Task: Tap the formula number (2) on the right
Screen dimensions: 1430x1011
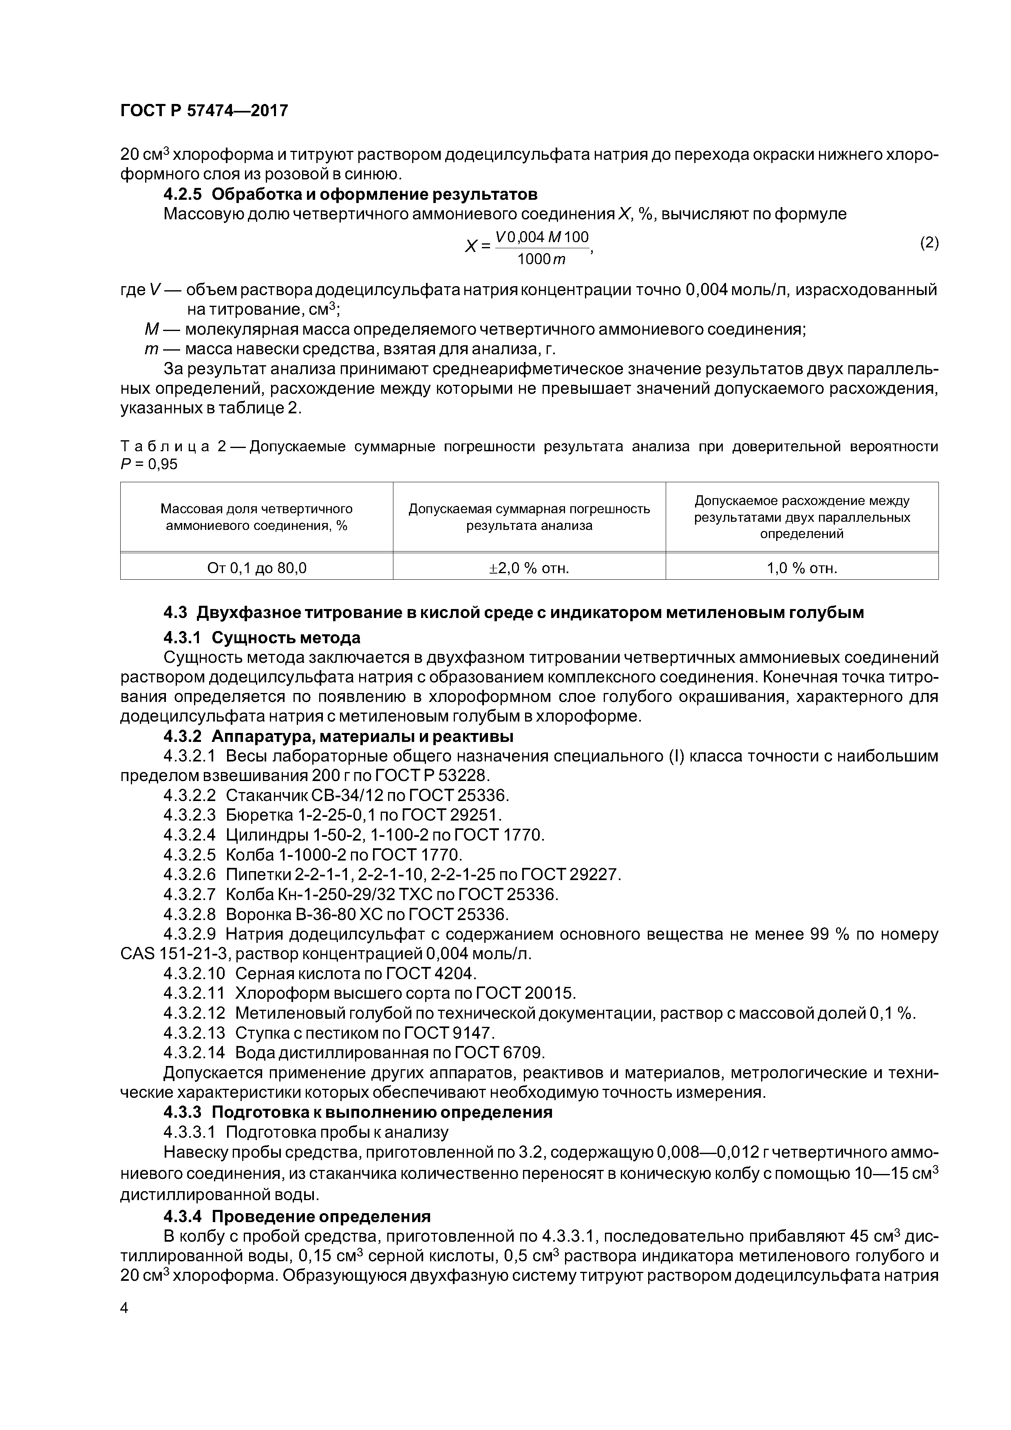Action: pyautogui.click(x=928, y=243)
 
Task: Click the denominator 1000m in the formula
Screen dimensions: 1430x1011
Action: pyautogui.click(x=541, y=259)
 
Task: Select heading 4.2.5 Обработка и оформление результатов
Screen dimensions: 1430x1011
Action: pyautogui.click(x=350, y=194)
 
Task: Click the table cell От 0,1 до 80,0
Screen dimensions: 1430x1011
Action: pyautogui.click(x=257, y=568)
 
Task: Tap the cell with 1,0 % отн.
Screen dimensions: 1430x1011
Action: pyautogui.click(x=802, y=568)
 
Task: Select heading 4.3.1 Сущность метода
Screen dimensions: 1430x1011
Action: pyautogui.click(x=262, y=638)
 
